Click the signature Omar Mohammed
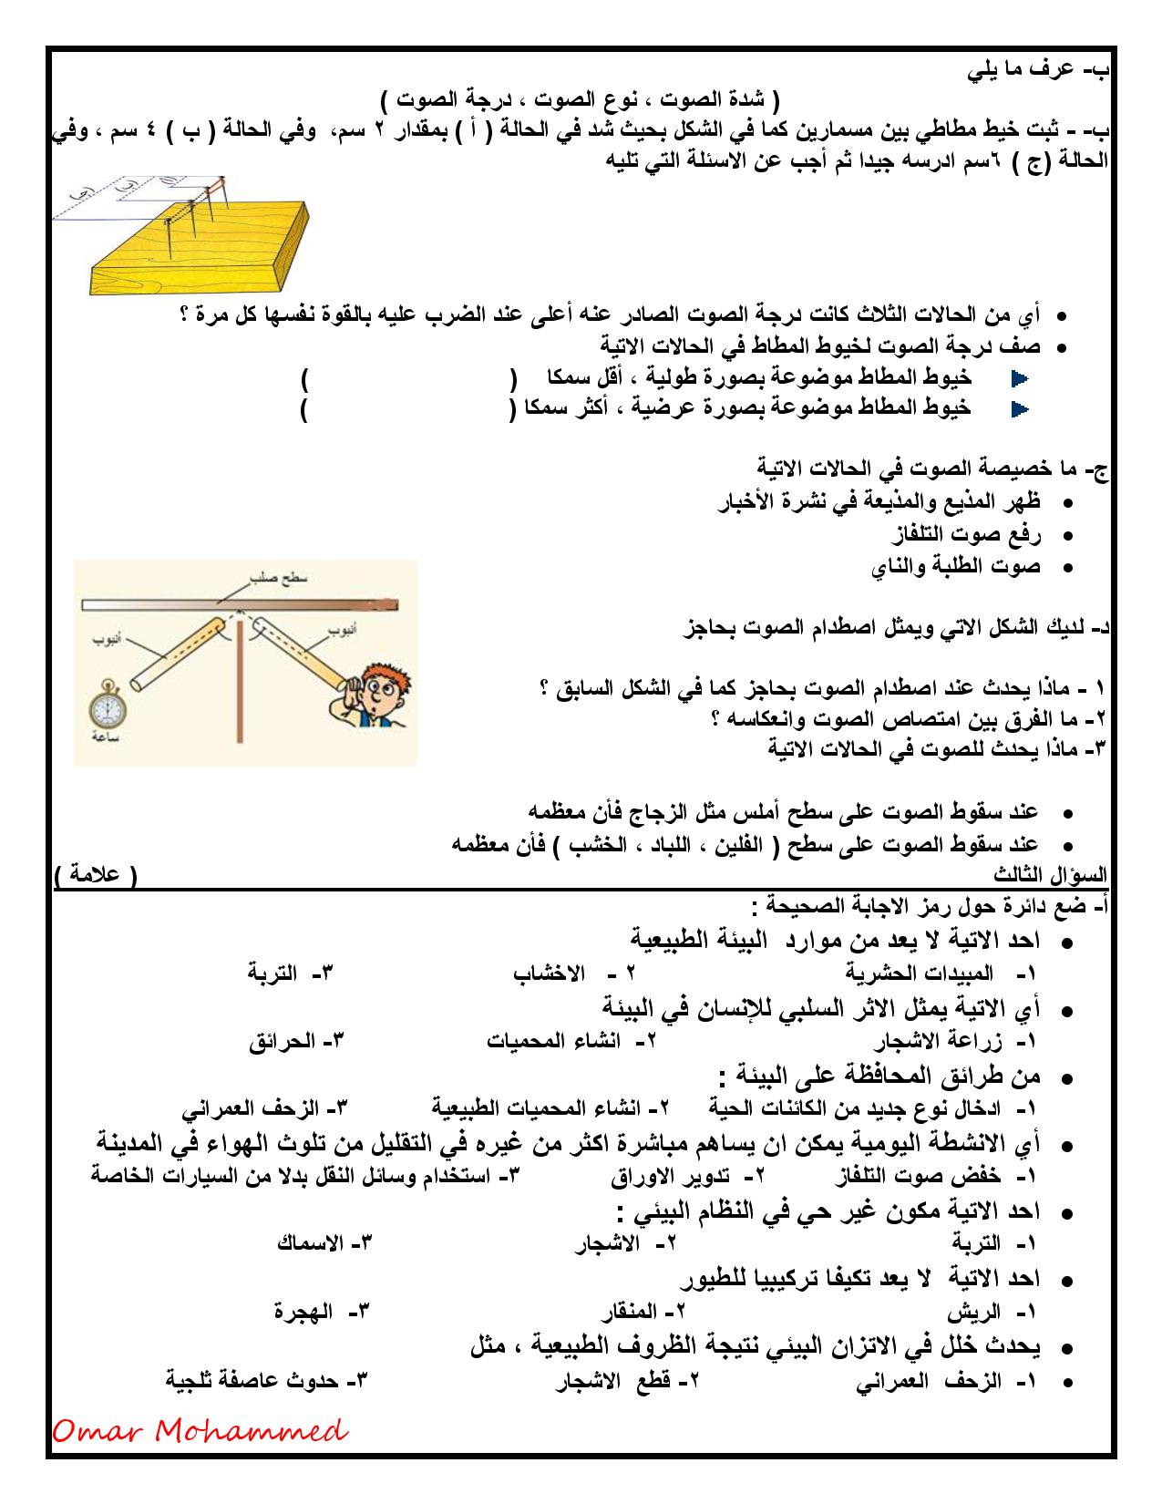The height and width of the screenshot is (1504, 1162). (200, 1432)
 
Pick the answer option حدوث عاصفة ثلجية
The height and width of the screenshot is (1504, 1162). (252, 1381)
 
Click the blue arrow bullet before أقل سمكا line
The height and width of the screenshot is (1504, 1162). (1020, 377)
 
